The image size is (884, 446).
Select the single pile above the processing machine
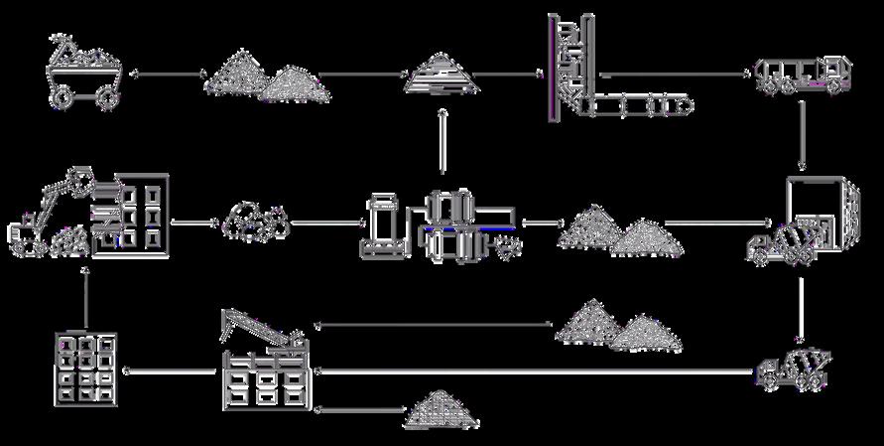coord(442,74)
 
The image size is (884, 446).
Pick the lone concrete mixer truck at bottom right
coord(794,369)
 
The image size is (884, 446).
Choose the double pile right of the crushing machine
coord(620,230)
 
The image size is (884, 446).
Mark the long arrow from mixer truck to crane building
coord(536,372)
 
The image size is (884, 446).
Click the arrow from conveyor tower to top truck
coord(675,74)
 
